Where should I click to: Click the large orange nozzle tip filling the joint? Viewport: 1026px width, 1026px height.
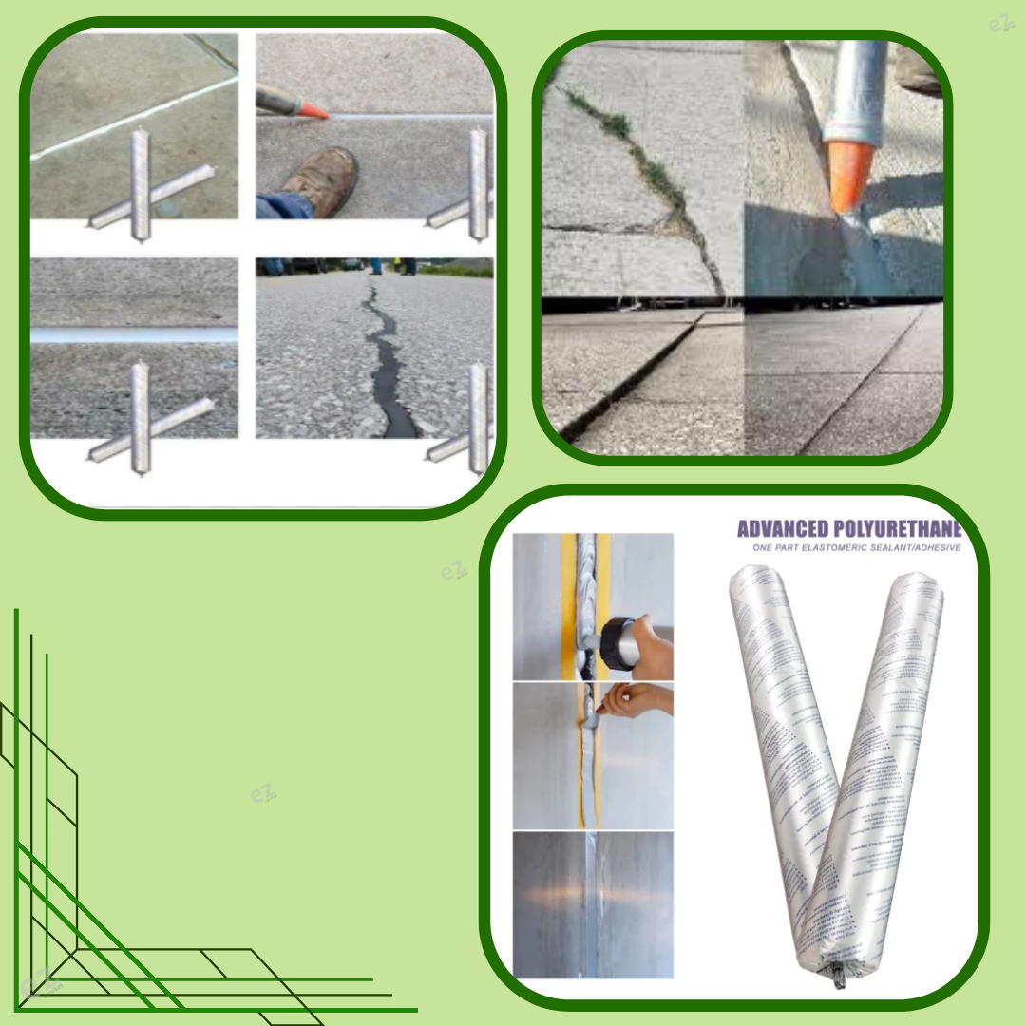845,176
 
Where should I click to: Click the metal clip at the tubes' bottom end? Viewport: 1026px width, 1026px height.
839,973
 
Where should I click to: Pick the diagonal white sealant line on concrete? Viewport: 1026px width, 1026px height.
133,119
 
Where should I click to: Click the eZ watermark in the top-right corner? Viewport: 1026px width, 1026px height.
1000,23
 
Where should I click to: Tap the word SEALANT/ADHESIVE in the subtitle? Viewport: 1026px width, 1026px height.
918,548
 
